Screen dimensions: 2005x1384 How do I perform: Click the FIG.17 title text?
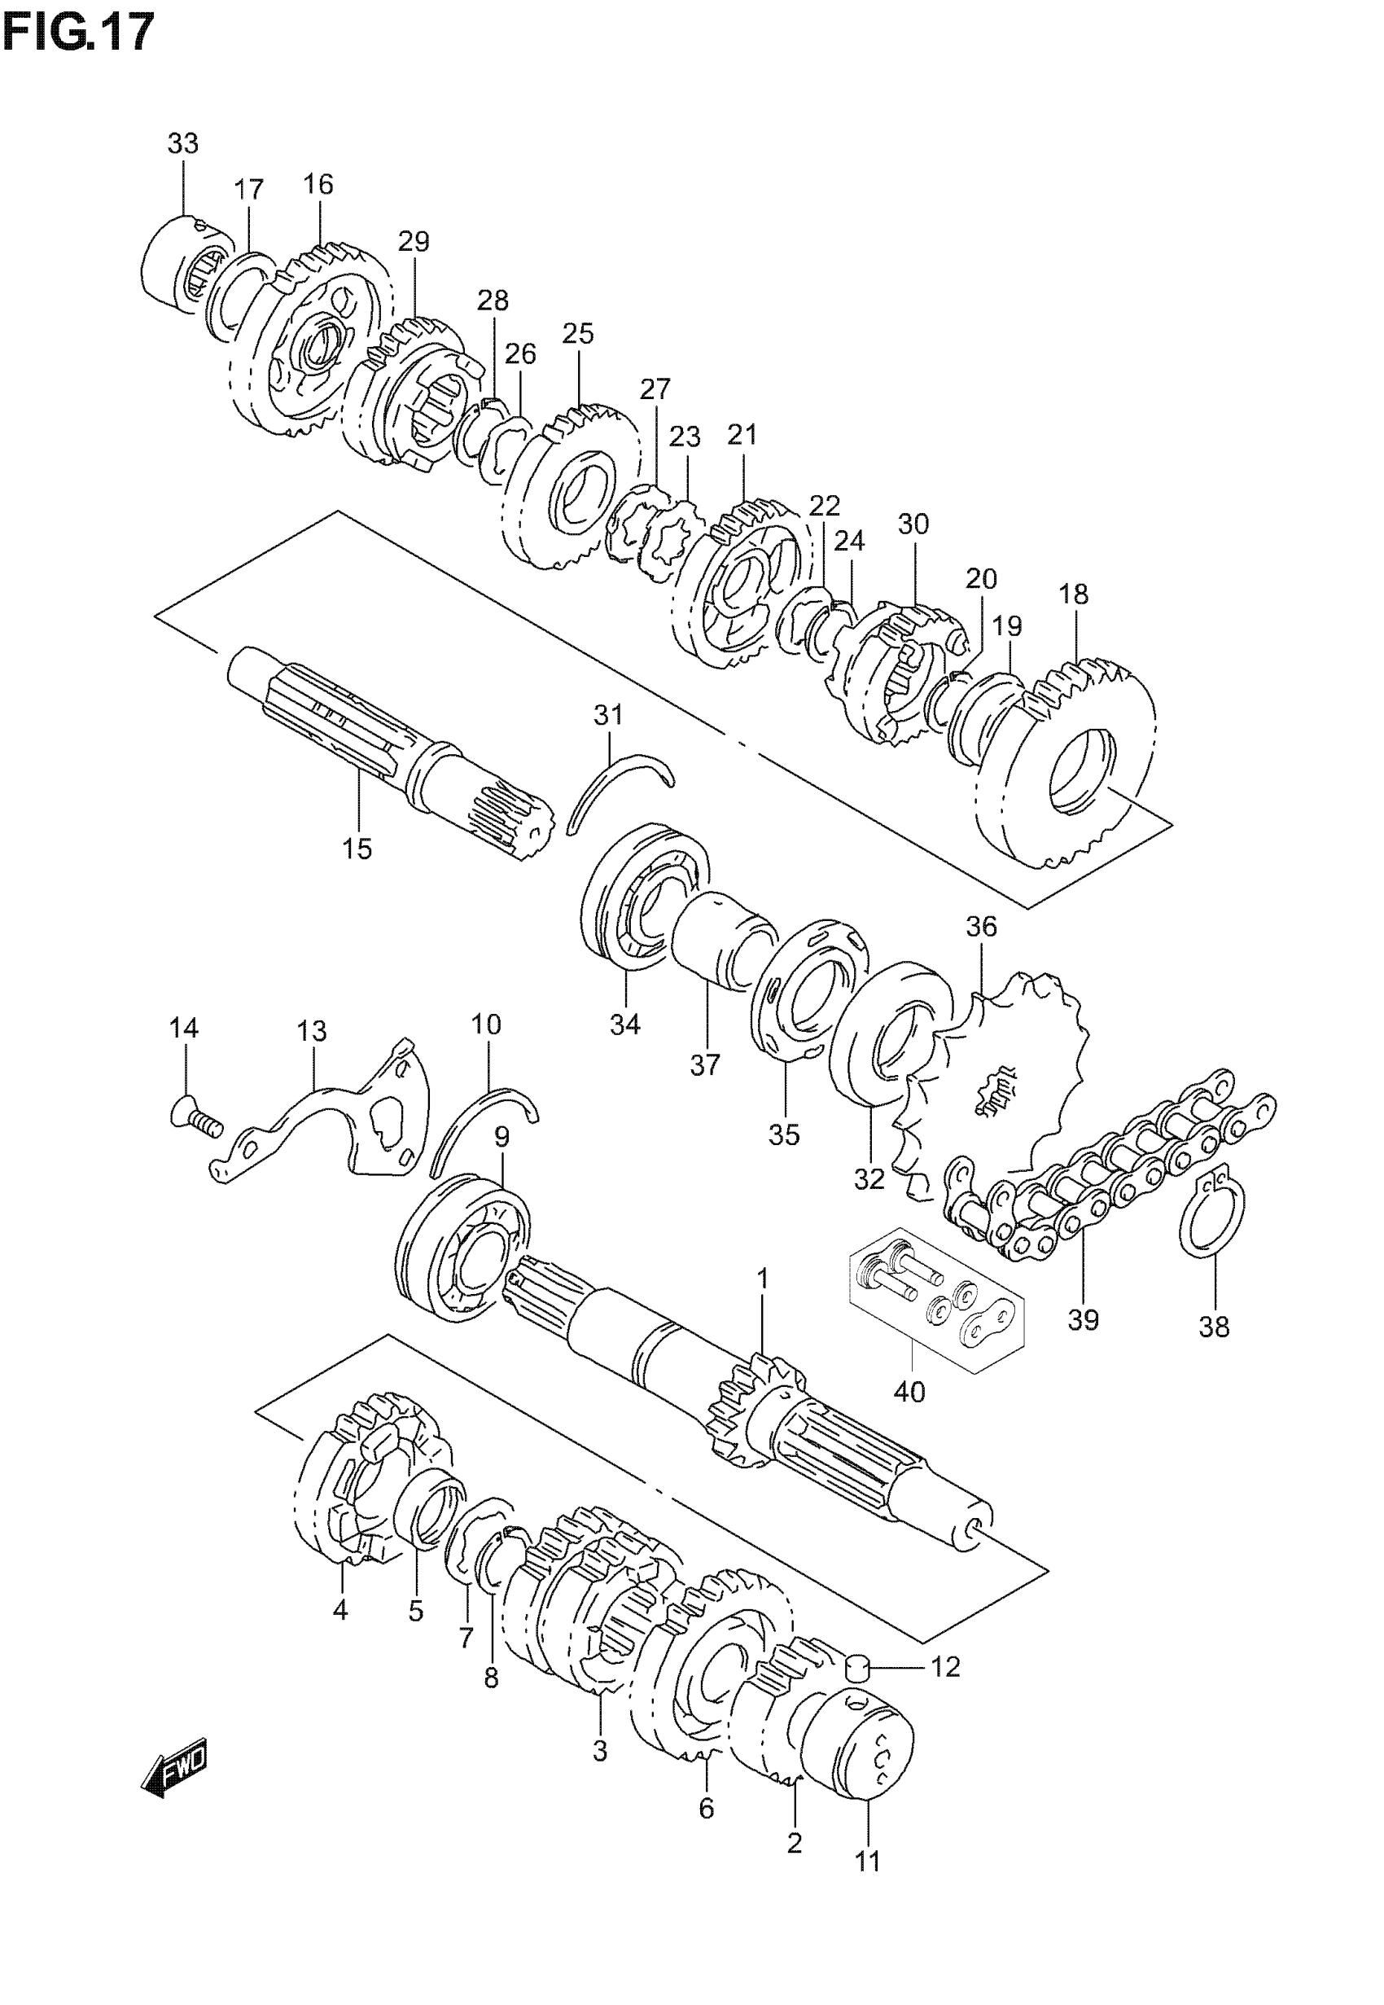pyautogui.click(x=78, y=33)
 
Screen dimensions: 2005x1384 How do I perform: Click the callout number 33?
pyautogui.click(x=183, y=144)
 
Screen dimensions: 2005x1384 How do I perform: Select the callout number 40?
pyautogui.click(x=909, y=1392)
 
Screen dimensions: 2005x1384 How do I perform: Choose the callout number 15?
pyautogui.click(x=357, y=848)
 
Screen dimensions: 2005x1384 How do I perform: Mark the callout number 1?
pyautogui.click(x=762, y=1279)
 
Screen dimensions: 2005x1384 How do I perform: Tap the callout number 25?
pyautogui.click(x=577, y=334)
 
